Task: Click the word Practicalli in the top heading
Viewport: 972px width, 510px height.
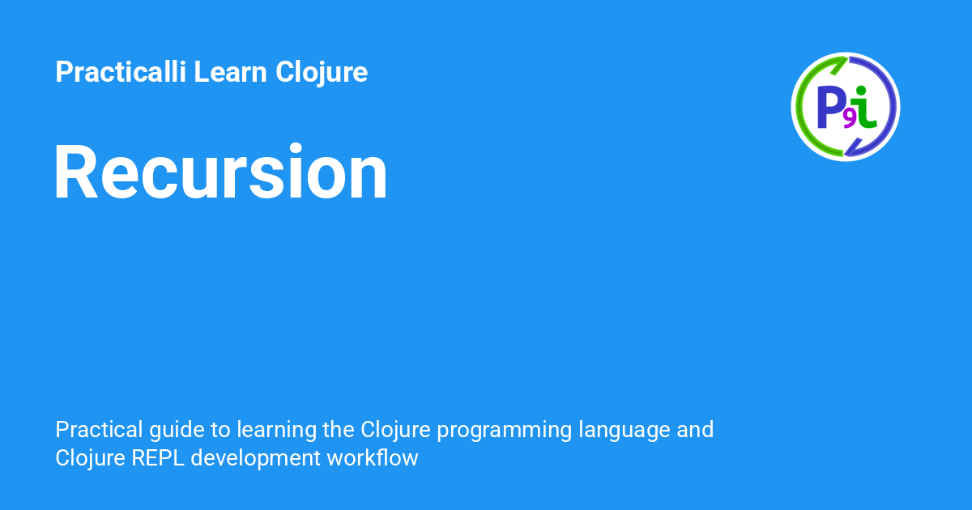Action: [121, 73]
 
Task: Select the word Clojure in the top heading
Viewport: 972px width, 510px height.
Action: [322, 73]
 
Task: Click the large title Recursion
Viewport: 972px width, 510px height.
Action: [220, 172]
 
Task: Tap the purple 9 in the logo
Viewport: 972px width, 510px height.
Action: [849, 120]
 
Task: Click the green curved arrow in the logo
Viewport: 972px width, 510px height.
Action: [804, 89]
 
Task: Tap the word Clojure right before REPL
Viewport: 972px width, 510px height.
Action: [87, 458]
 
